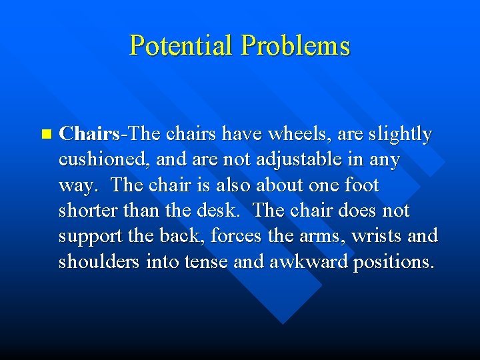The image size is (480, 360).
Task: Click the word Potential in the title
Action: pos(182,46)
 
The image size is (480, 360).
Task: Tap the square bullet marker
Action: pos(45,134)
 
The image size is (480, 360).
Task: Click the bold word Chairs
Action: pos(89,134)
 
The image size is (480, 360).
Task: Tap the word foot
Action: pos(360,185)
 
